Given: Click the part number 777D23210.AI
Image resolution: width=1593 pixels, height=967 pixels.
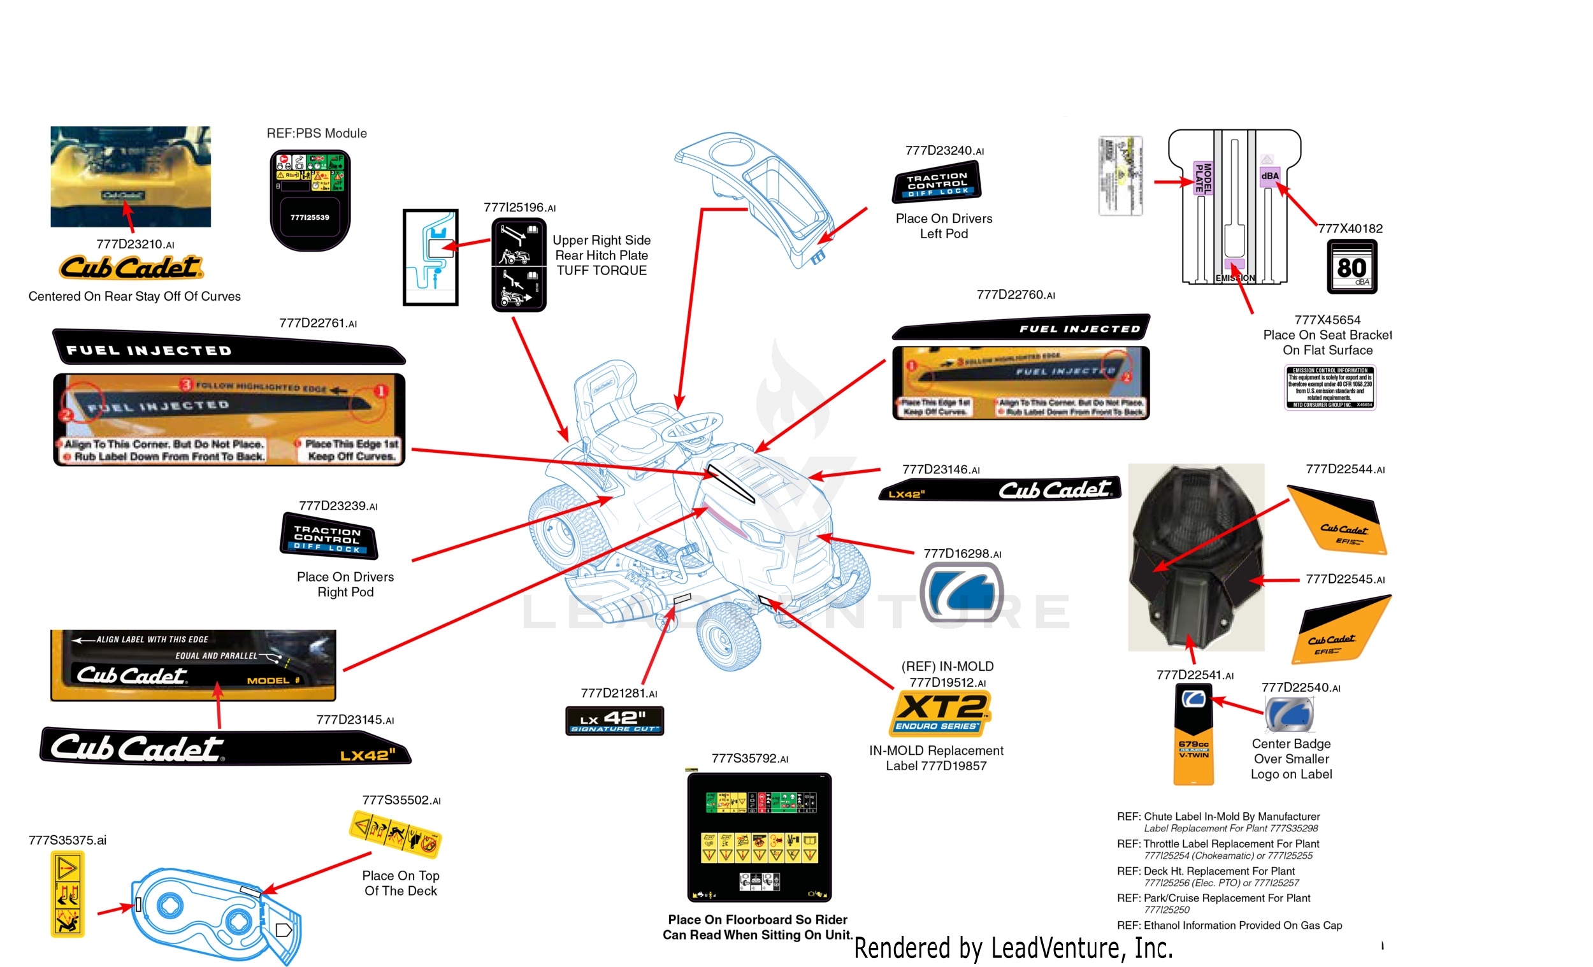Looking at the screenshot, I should (x=135, y=245).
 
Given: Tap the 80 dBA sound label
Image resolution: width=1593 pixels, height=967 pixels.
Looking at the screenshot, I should (x=1352, y=267).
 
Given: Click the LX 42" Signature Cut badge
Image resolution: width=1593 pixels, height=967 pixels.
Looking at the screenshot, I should (x=614, y=720).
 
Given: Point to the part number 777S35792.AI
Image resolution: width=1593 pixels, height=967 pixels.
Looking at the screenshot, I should (x=749, y=759).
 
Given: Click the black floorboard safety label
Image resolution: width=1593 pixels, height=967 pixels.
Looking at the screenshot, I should (x=759, y=837).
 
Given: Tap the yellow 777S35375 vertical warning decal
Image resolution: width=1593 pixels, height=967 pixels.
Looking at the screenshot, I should (x=68, y=894).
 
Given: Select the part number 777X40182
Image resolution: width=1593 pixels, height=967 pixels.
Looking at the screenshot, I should (x=1350, y=229).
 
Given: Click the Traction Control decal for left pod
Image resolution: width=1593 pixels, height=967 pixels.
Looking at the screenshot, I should (x=937, y=182).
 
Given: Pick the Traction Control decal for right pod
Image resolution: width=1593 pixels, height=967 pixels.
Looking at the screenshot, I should (x=328, y=536).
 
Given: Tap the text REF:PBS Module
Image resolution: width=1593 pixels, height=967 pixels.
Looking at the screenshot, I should (x=317, y=133).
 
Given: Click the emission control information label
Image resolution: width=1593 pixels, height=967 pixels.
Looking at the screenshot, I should (x=1329, y=387).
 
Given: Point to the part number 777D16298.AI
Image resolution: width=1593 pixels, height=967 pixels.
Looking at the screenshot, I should (x=962, y=554).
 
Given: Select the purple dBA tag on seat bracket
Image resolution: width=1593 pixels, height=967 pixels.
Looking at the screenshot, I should (x=1269, y=176).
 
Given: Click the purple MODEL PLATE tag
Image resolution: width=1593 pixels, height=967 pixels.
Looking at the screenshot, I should (x=1202, y=178).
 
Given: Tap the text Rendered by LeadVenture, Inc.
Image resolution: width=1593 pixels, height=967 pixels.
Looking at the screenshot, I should (x=1013, y=948).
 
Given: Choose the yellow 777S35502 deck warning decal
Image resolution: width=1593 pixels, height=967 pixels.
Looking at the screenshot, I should (x=395, y=834).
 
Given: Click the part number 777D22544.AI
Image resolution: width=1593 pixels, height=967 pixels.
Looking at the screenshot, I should (x=1344, y=470).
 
